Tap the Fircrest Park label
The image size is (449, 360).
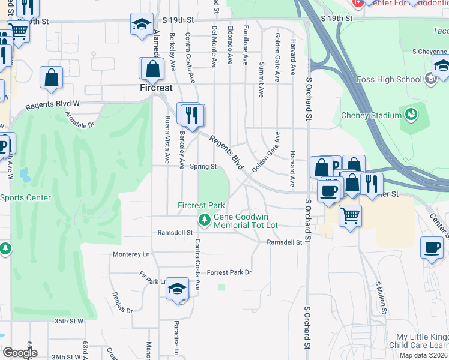[x=200, y=205]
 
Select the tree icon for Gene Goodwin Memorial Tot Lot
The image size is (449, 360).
[x=205, y=221]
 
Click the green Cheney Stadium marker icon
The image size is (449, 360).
[x=411, y=113]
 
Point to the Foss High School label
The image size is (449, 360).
[x=397, y=79]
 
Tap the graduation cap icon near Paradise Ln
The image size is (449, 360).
[x=177, y=289]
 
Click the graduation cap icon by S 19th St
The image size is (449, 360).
[x=142, y=25]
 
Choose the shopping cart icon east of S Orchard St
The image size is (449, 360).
[x=350, y=215]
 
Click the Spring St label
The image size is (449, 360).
[x=203, y=167]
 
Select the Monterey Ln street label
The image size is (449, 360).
[x=131, y=254]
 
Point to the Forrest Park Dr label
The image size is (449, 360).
[x=228, y=272]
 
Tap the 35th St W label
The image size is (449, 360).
[x=68, y=321]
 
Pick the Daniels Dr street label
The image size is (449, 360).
[x=122, y=302]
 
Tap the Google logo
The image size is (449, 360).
[x=19, y=352]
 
